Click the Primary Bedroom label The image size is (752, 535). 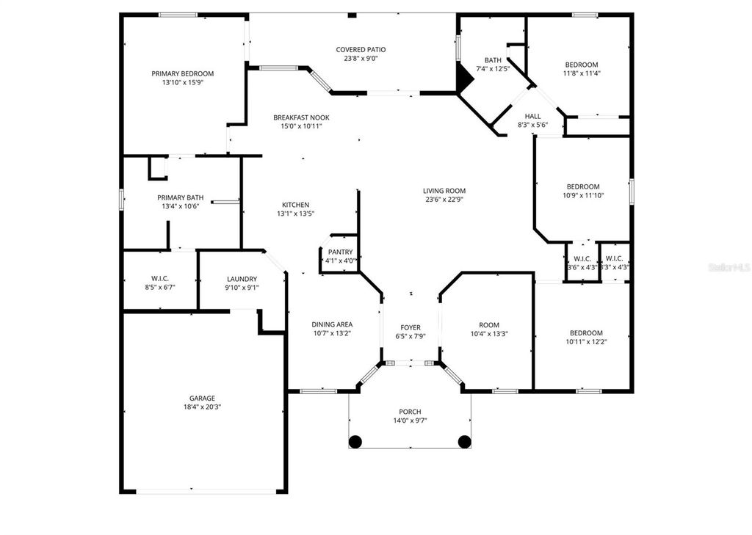pyautogui.click(x=182, y=73)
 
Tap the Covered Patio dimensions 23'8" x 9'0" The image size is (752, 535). pyautogui.click(x=361, y=59)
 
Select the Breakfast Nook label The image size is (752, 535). pyautogui.click(x=301, y=117)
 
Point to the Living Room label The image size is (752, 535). pyautogui.click(x=444, y=191)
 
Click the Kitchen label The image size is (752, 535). pyautogui.click(x=295, y=205)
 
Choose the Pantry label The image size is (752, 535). pyautogui.click(x=340, y=252)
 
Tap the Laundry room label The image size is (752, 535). pyautogui.click(x=242, y=279)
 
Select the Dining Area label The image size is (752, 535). pyautogui.click(x=332, y=324)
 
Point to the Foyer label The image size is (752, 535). pyautogui.click(x=410, y=327)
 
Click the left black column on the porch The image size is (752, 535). pyautogui.click(x=355, y=442)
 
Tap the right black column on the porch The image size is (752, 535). pyautogui.click(x=464, y=442)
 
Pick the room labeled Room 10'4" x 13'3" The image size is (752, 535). pyautogui.click(x=488, y=329)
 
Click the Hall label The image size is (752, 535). pyautogui.click(x=532, y=116)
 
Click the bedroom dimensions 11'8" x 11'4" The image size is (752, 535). pyautogui.click(x=581, y=73)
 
